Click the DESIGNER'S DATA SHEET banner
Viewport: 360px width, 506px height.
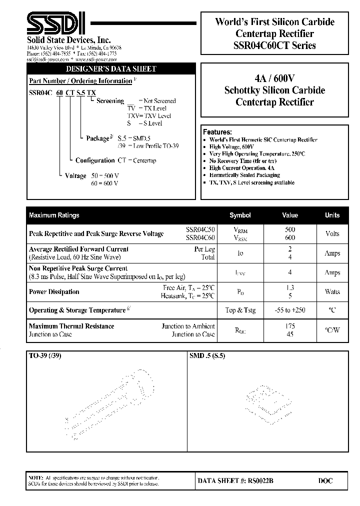(111, 69)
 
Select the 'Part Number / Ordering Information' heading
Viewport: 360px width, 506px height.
(80, 80)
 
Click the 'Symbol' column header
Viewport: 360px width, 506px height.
(240, 215)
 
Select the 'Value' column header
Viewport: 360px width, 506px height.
(290, 215)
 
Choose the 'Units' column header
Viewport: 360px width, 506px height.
(332, 215)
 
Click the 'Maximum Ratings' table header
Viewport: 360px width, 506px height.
(54, 215)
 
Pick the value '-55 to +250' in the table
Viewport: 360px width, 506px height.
(290, 310)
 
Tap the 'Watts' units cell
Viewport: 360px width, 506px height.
(332, 291)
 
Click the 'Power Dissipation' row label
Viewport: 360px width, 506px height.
(54, 291)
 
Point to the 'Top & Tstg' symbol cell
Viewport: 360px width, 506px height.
(240, 310)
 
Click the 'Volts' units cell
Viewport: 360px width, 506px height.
(332, 233)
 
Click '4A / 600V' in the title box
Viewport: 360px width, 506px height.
(274, 78)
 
